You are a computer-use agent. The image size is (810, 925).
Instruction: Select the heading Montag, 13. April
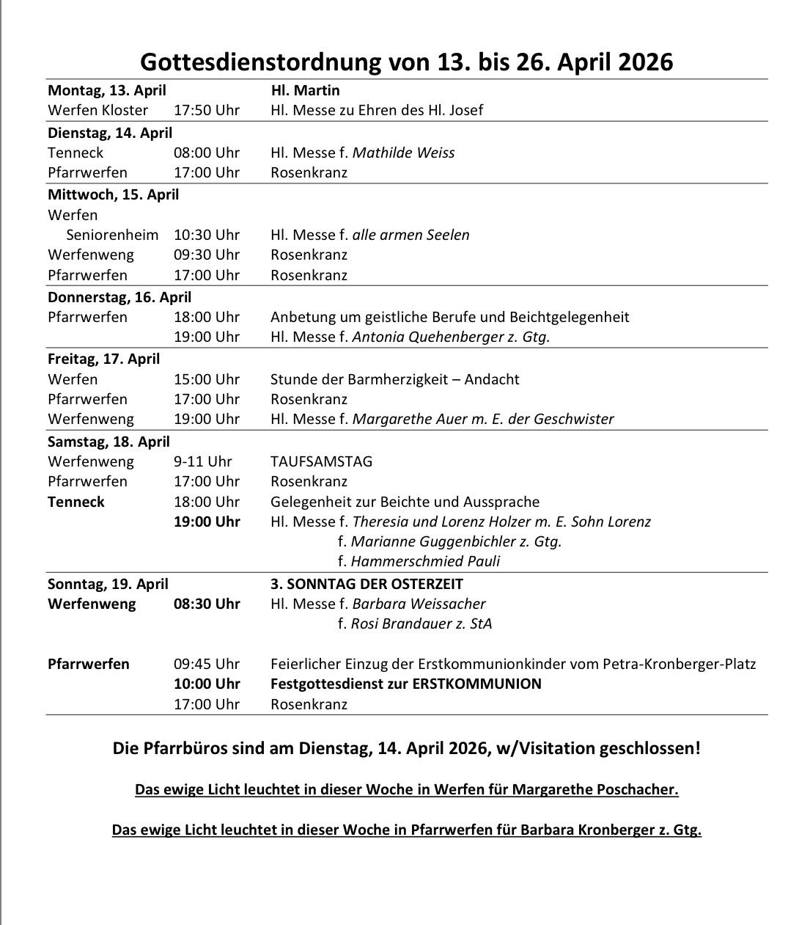pos(107,90)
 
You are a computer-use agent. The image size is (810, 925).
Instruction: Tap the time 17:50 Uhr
pos(206,110)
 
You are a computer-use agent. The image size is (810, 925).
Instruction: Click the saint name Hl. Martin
pos(305,90)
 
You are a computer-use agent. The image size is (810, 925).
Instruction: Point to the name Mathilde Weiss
pos(403,153)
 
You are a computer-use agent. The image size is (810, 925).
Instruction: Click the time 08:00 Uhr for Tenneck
pos(206,153)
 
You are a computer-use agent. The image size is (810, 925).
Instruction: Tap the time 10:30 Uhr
pos(206,235)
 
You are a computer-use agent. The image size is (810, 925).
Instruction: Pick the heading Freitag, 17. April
pos(103,359)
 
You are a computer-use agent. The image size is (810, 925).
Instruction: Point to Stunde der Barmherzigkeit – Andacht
pos(394,379)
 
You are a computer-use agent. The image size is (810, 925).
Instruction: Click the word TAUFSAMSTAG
pos(321,461)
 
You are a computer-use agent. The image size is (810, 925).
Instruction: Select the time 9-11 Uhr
pos(202,461)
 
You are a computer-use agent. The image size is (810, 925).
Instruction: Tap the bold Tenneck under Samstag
pos(76,502)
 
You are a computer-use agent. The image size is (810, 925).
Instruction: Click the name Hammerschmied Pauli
pos(425,561)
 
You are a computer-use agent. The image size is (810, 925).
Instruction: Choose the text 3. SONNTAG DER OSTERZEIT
pos(367,584)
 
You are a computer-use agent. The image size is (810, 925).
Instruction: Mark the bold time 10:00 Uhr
pos(206,684)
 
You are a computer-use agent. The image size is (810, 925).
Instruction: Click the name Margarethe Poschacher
pos(594,789)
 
